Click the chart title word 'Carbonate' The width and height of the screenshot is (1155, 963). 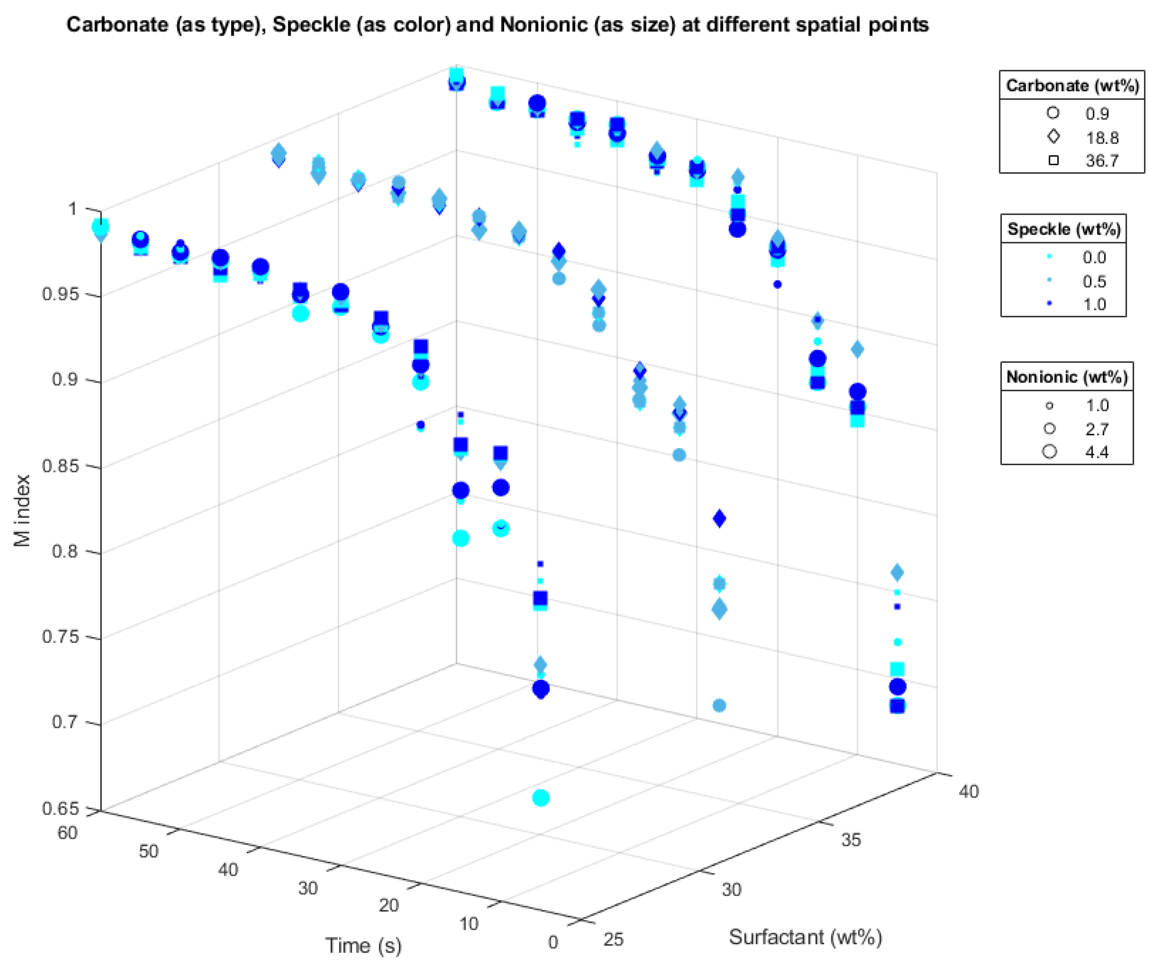tap(117, 25)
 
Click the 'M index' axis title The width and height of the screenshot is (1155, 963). tap(22, 510)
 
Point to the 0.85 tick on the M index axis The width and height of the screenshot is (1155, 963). tap(60, 466)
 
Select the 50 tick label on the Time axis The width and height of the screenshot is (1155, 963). tap(148, 851)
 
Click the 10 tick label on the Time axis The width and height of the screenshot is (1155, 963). tap(469, 923)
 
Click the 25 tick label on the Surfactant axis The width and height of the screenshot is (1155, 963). tap(613, 939)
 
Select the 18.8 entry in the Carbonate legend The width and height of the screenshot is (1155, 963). tap(1101, 138)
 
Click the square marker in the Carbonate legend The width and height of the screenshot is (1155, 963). tap(1053, 160)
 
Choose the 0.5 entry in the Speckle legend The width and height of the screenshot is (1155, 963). tap(1094, 281)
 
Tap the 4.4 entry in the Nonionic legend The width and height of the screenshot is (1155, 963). tap(1096, 452)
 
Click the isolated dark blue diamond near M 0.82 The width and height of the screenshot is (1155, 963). tap(719, 518)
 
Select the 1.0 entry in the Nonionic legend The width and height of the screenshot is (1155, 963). tap(1096, 406)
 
